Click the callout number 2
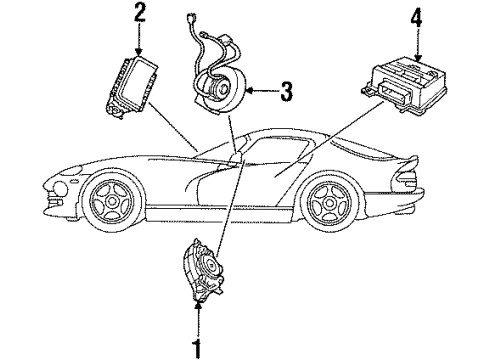coord(139,14)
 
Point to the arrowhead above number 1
coord(197,326)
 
